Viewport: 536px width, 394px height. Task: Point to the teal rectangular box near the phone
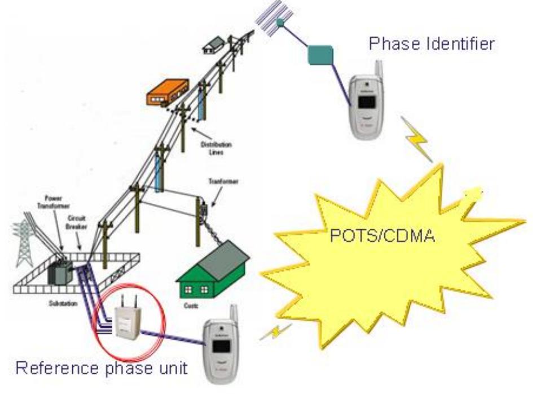pyautogui.click(x=320, y=56)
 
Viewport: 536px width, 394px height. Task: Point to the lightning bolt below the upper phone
pyautogui.click(x=418, y=140)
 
